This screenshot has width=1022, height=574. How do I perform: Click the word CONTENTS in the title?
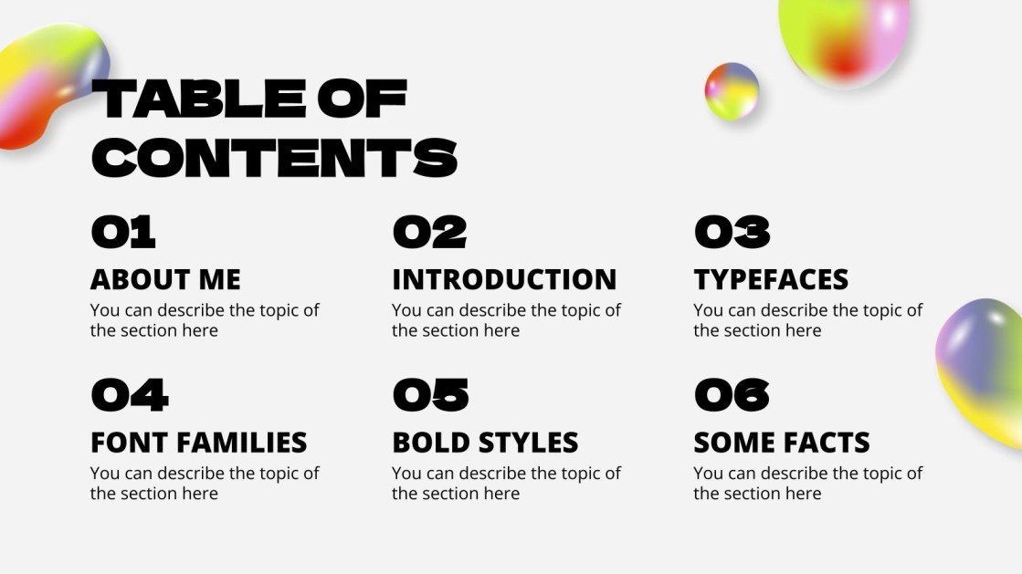click(274, 157)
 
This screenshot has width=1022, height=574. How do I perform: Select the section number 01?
click(123, 232)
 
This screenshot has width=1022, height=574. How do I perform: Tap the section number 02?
click(429, 232)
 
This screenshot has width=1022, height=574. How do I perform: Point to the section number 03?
click(732, 232)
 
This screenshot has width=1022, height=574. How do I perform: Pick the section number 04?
click(130, 395)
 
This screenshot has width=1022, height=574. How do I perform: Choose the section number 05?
click(430, 395)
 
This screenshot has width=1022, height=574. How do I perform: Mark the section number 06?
click(732, 395)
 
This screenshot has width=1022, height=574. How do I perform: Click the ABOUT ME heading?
click(165, 279)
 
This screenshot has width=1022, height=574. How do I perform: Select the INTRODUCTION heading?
click(504, 279)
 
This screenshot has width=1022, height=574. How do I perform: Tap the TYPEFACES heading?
click(771, 279)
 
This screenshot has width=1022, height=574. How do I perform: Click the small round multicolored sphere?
click(732, 91)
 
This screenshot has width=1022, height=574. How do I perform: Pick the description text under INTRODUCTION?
click(506, 320)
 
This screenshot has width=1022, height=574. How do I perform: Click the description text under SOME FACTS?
click(807, 484)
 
